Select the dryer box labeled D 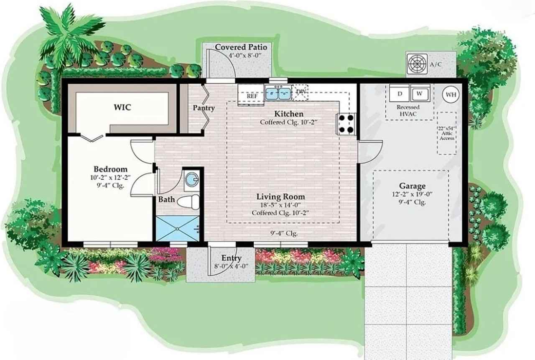(399, 93)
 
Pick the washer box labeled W (420, 93)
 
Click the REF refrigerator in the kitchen (252, 96)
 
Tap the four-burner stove (346, 124)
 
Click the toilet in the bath (189, 202)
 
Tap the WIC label (122, 107)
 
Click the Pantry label (204, 108)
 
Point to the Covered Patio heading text (241, 47)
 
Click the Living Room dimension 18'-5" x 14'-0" (280, 205)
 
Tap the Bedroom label (110, 169)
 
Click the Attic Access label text (447, 133)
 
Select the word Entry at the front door (231, 258)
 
